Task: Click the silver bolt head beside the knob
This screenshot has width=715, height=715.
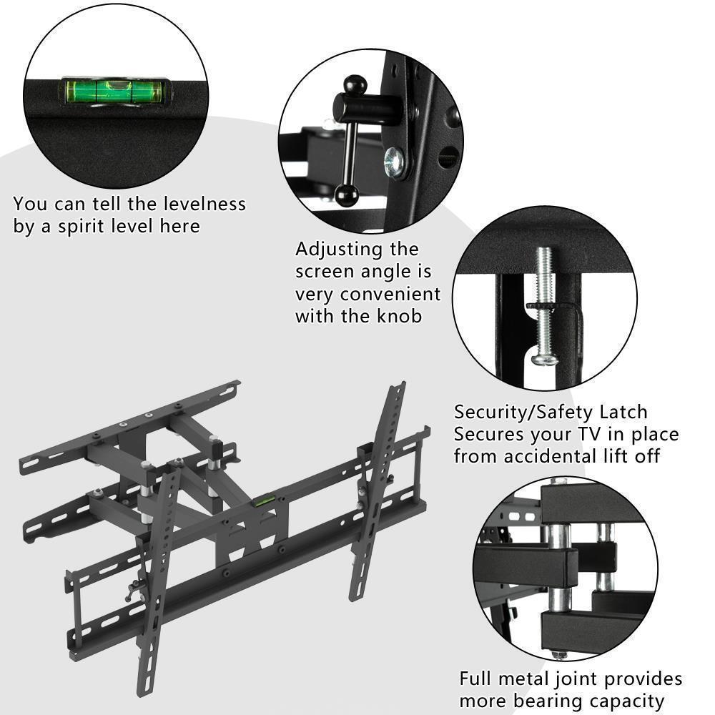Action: click(x=395, y=162)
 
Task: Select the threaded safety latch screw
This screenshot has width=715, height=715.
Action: click(x=546, y=300)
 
